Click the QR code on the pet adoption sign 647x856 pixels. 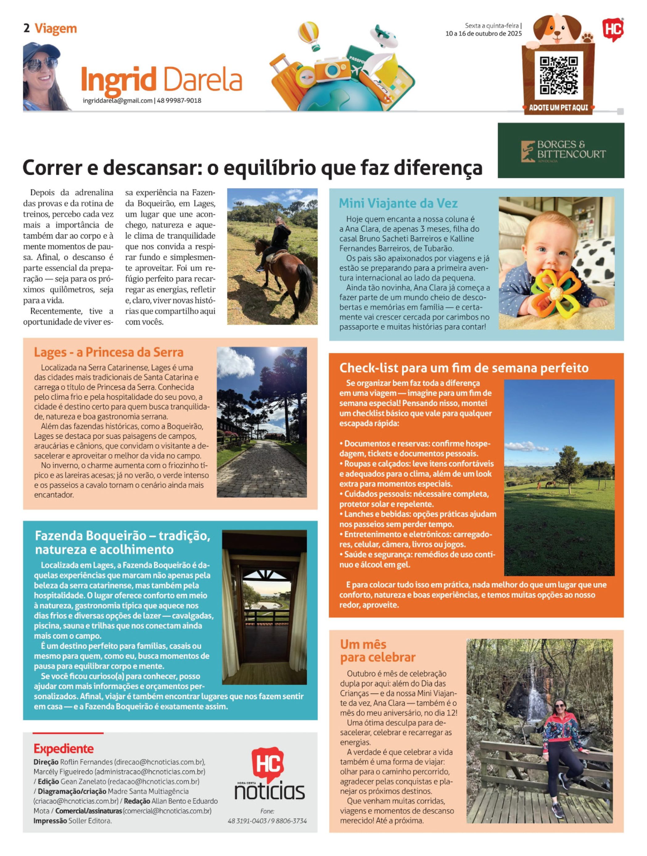[558, 76]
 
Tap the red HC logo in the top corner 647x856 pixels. [613, 29]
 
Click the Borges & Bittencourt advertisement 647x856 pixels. [560, 150]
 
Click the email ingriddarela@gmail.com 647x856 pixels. [117, 101]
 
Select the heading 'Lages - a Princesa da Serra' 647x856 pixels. [109, 352]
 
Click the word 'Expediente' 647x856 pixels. [64, 748]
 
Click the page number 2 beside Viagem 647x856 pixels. [27, 28]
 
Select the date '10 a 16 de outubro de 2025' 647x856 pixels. [484, 34]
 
